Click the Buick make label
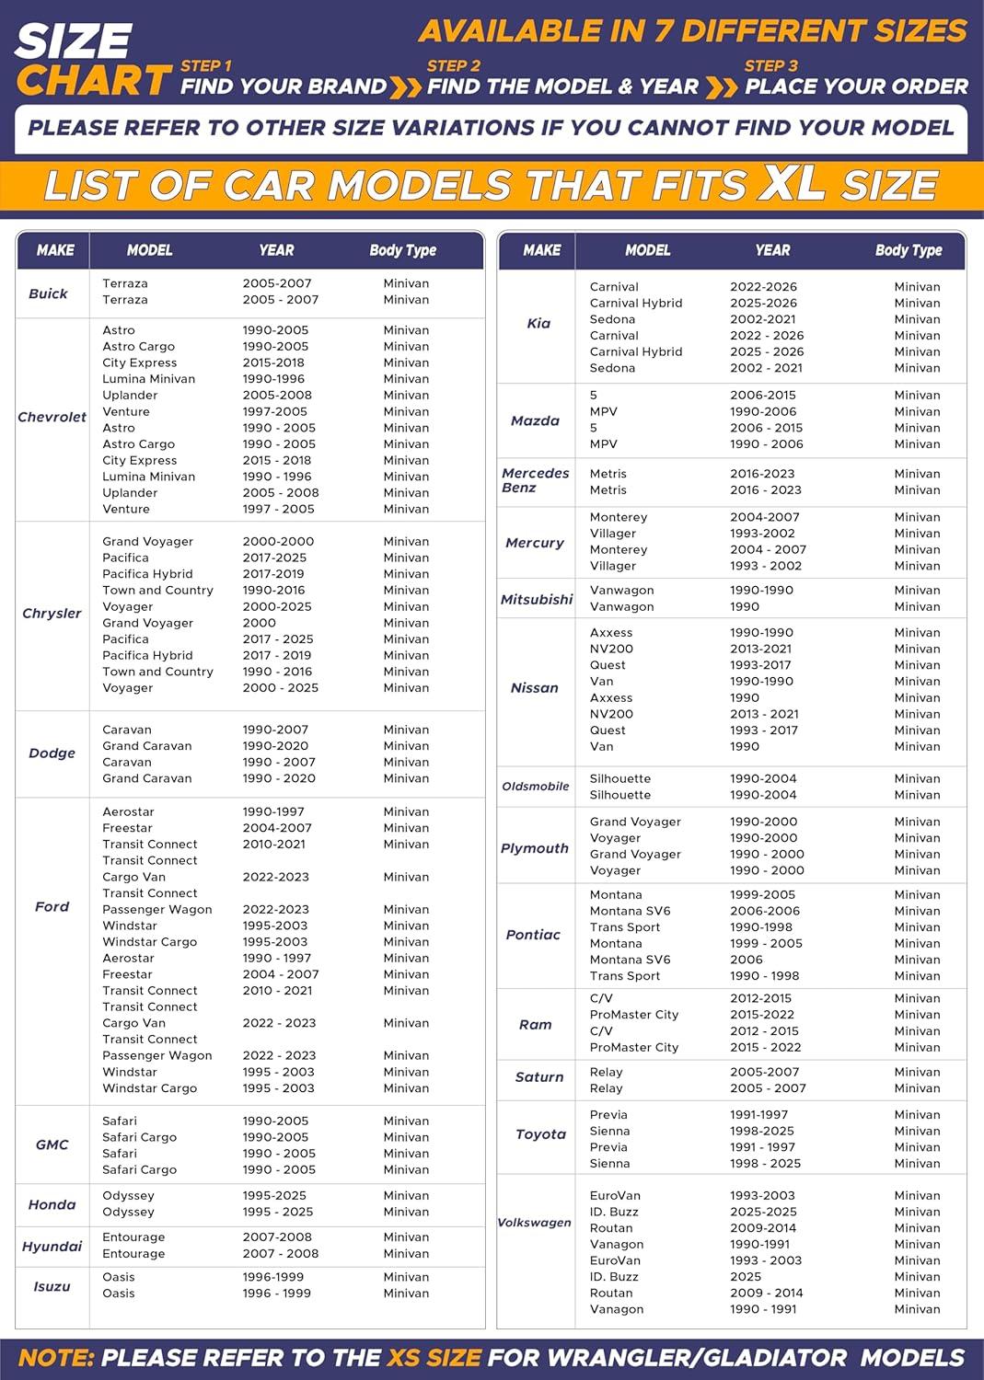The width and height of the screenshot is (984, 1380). pos(48,293)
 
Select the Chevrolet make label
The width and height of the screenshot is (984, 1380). pos(52,417)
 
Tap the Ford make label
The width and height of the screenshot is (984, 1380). pos(52,906)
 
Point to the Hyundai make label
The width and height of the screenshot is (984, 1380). pos(52,1247)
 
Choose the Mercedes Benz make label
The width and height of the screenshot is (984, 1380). pos(535,480)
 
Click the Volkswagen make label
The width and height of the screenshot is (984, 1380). pos(534,1223)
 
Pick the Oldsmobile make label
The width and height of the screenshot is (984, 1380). pos(535,787)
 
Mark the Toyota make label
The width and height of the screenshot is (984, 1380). pos(540,1134)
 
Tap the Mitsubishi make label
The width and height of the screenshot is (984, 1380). pos(537,599)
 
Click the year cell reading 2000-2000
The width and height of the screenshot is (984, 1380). pos(278,541)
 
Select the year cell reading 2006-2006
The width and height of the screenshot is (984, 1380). pos(764,911)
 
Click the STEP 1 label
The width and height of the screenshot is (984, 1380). pos(206,66)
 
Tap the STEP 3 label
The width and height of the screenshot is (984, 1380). pos(770,66)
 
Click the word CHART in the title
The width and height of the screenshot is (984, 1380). pos(94,81)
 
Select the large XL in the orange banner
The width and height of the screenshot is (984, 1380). pos(791,184)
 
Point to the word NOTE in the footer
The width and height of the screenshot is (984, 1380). pos(56,1358)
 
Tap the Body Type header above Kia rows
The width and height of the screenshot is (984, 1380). pos(908,250)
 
